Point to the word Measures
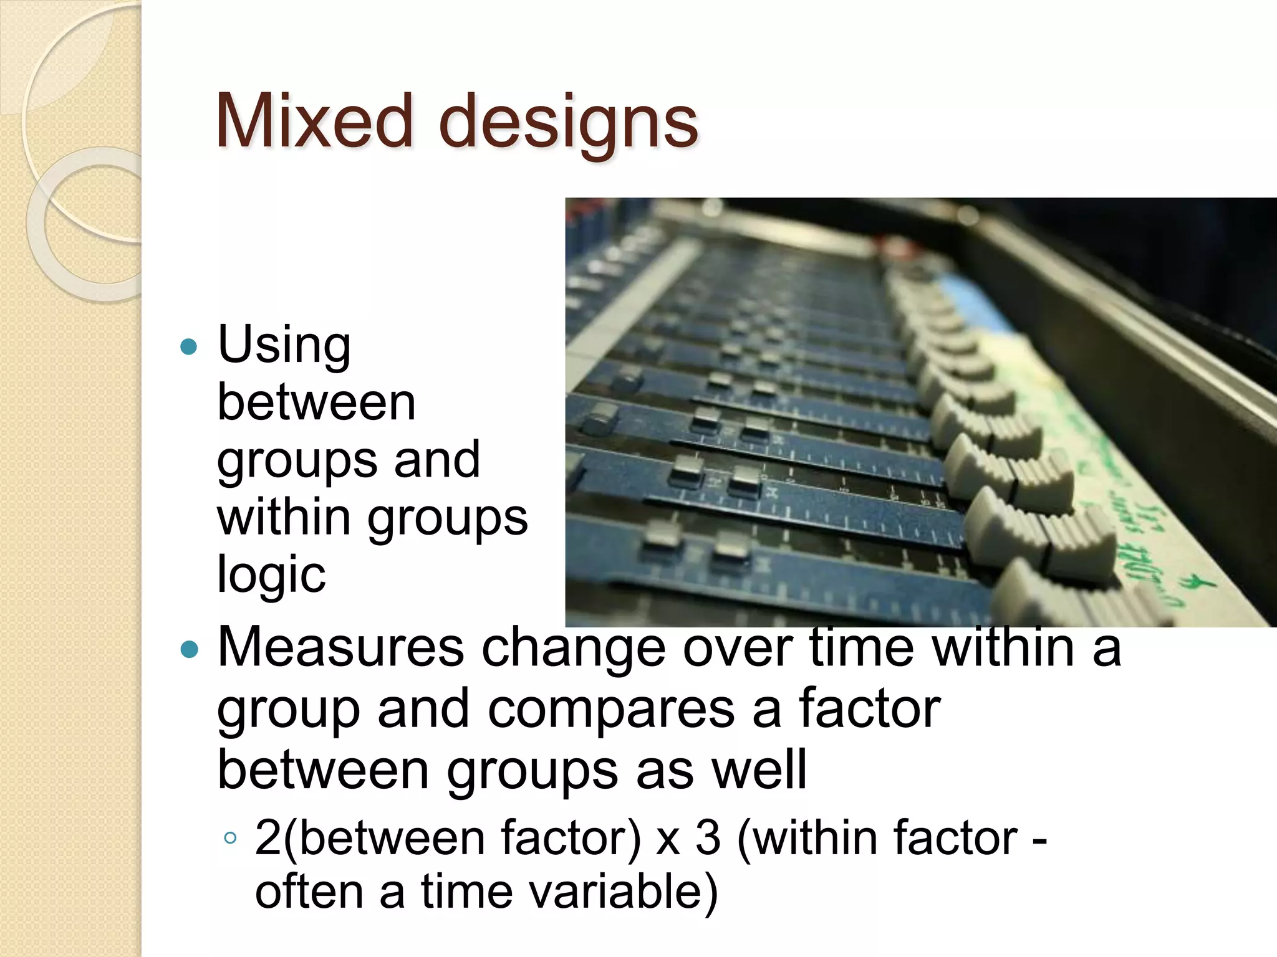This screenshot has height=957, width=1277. point(340,647)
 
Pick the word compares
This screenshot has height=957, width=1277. point(611,710)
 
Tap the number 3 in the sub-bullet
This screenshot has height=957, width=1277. point(708,838)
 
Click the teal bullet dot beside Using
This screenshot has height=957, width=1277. point(188,346)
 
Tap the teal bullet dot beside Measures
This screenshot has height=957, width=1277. point(188,650)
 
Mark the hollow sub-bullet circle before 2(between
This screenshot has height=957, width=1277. point(230,838)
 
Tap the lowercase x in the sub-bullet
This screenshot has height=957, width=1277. point(668,840)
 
